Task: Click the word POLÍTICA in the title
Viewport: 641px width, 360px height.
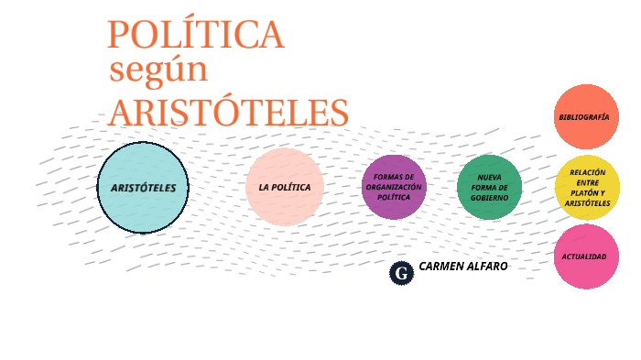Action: (195, 35)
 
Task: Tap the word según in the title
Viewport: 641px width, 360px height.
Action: (158, 70)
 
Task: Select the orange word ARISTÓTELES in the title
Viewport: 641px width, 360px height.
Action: (228, 112)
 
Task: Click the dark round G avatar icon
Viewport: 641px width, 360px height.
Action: (401, 272)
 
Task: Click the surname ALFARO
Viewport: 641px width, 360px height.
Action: (485, 266)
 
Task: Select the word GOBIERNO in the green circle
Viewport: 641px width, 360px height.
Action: (489, 198)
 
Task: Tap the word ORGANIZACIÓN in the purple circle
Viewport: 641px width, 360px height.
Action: (394, 187)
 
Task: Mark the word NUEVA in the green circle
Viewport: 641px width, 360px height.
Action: (489, 178)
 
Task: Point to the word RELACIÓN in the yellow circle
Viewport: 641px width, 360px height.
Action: (587, 172)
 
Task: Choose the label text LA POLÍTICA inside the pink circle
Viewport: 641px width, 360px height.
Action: (285, 187)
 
